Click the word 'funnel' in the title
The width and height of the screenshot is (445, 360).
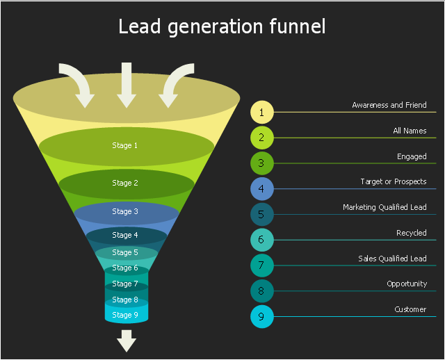298,26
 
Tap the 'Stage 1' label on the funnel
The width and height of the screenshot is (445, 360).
125,145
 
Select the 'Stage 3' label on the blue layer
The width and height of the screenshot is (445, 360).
125,211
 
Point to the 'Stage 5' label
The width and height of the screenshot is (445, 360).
125,252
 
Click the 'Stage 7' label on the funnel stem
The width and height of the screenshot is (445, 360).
125,284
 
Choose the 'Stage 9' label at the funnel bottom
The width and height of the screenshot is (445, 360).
125,315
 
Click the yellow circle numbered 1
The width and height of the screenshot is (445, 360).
262,112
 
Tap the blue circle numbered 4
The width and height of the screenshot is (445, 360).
262,188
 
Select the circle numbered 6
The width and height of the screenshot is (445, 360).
262,240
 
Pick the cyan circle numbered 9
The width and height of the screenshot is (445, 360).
262,317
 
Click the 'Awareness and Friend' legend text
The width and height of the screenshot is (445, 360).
389,105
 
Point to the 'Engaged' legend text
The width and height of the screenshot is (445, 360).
412,156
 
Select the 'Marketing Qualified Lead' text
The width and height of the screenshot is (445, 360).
385,207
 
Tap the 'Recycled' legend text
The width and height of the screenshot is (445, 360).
411,233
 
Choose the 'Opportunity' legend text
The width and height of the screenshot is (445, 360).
407,284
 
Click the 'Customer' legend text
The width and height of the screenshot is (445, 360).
410,309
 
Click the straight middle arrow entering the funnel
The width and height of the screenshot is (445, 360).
127,85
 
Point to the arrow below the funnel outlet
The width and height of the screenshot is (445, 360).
127,341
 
